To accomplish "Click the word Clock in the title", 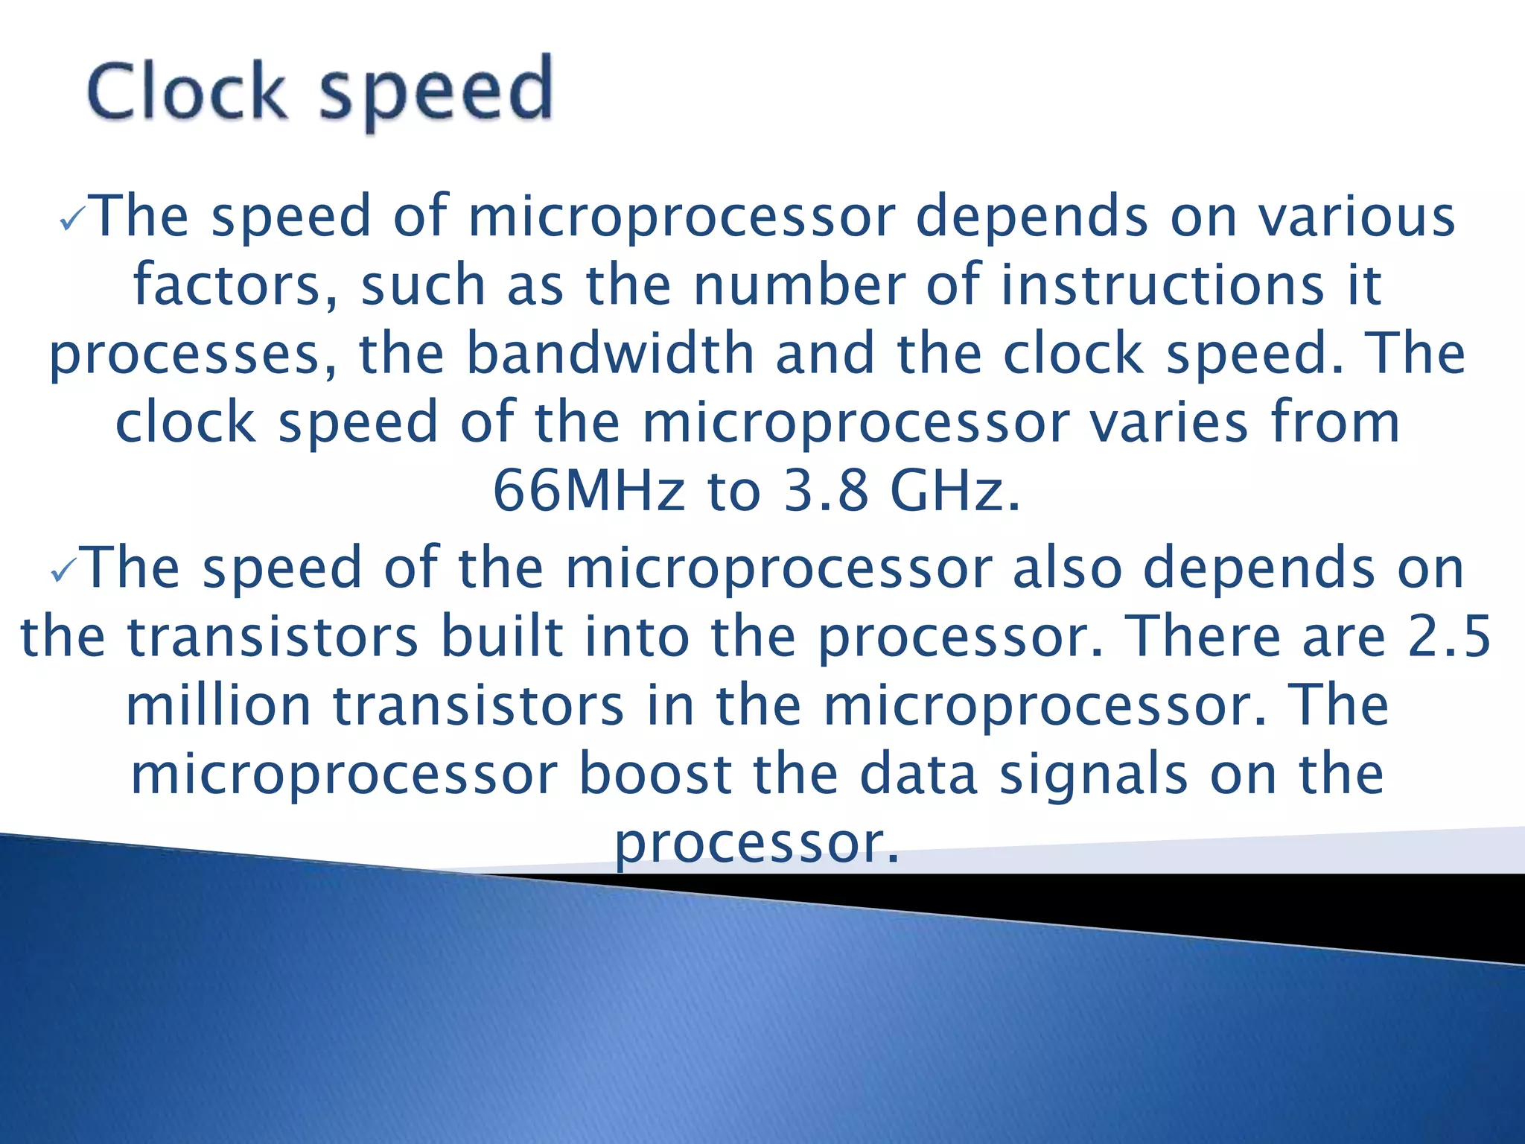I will [x=187, y=92].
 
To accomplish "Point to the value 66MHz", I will [x=588, y=491].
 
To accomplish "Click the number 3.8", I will [x=827, y=491].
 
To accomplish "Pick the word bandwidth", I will [x=610, y=353].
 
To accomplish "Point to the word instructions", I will [x=1162, y=285].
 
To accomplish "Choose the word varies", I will [x=1168, y=422].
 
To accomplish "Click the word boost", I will [x=656, y=774].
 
